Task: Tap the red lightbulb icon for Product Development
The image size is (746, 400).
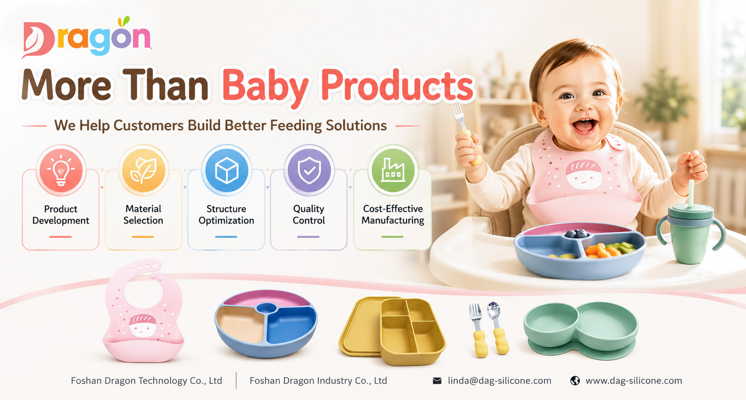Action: click(x=61, y=170)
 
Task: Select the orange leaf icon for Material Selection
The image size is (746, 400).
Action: click(x=144, y=170)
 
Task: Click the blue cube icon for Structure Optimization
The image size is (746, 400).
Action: click(x=226, y=170)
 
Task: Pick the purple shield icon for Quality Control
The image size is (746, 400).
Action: click(x=309, y=170)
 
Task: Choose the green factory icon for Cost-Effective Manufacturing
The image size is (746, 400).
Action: click(x=393, y=170)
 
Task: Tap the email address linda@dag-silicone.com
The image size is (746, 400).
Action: click(x=500, y=381)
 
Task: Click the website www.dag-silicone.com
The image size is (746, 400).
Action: click(x=634, y=381)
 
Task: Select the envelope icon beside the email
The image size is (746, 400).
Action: click(x=437, y=381)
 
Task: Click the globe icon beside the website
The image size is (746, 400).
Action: click(x=575, y=380)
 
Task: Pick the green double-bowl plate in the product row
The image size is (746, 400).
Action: click(x=581, y=330)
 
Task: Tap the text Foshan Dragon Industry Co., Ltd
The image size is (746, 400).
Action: click(x=318, y=381)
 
